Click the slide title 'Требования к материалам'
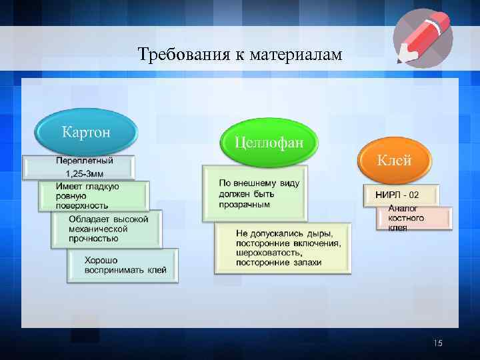click(239, 53)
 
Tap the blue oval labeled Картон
click(87, 130)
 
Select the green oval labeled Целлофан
click(269, 142)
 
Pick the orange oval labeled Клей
click(395, 160)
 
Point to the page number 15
click(437, 343)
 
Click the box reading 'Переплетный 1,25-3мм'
click(79, 167)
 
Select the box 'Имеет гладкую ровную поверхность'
click(93, 196)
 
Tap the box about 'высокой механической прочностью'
click(107, 228)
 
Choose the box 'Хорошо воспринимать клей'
click(123, 265)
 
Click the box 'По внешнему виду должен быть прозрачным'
click(255, 193)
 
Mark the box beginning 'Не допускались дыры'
click(283, 248)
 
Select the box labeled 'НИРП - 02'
click(401, 195)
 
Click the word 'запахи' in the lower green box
click(306, 263)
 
